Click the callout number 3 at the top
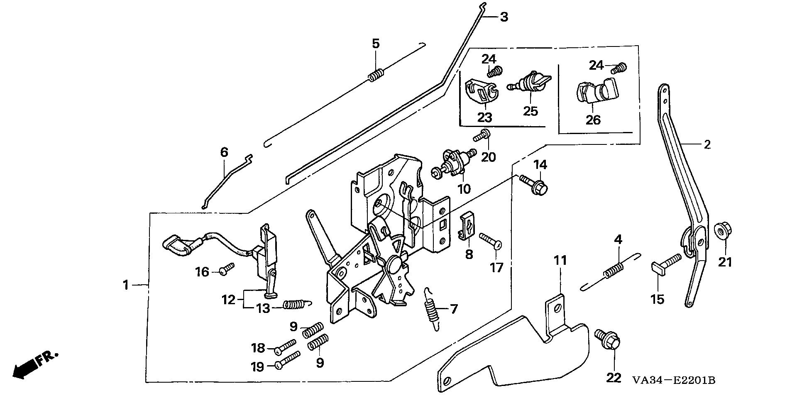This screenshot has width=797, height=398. (503, 17)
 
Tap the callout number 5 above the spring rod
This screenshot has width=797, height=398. (375, 44)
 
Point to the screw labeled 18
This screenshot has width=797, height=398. (286, 346)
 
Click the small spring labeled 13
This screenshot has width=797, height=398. (294, 305)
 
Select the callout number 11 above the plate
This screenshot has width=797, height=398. (560, 261)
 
